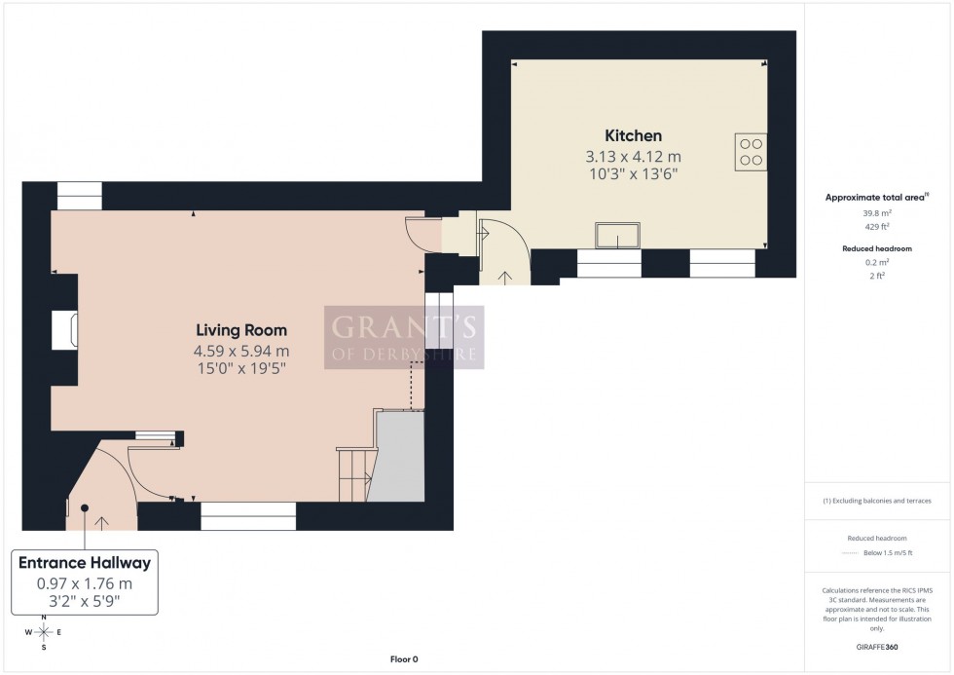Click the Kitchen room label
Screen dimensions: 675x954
(x=633, y=136)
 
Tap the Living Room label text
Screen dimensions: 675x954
(x=242, y=331)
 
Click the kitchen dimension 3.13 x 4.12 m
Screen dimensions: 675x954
(x=633, y=156)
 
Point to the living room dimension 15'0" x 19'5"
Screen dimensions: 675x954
(x=242, y=368)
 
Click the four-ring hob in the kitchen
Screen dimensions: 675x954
(x=751, y=152)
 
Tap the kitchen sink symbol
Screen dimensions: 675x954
(x=619, y=236)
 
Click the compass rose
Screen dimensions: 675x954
(x=45, y=631)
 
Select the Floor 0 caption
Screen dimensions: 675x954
(x=403, y=659)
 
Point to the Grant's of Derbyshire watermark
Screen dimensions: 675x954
(x=403, y=337)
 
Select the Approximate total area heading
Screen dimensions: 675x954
(x=876, y=198)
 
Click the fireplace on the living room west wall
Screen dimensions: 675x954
(x=71, y=331)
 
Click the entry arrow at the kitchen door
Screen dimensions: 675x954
(x=504, y=277)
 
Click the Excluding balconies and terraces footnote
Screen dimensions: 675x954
(x=878, y=501)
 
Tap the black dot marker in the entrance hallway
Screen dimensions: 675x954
(x=85, y=507)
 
